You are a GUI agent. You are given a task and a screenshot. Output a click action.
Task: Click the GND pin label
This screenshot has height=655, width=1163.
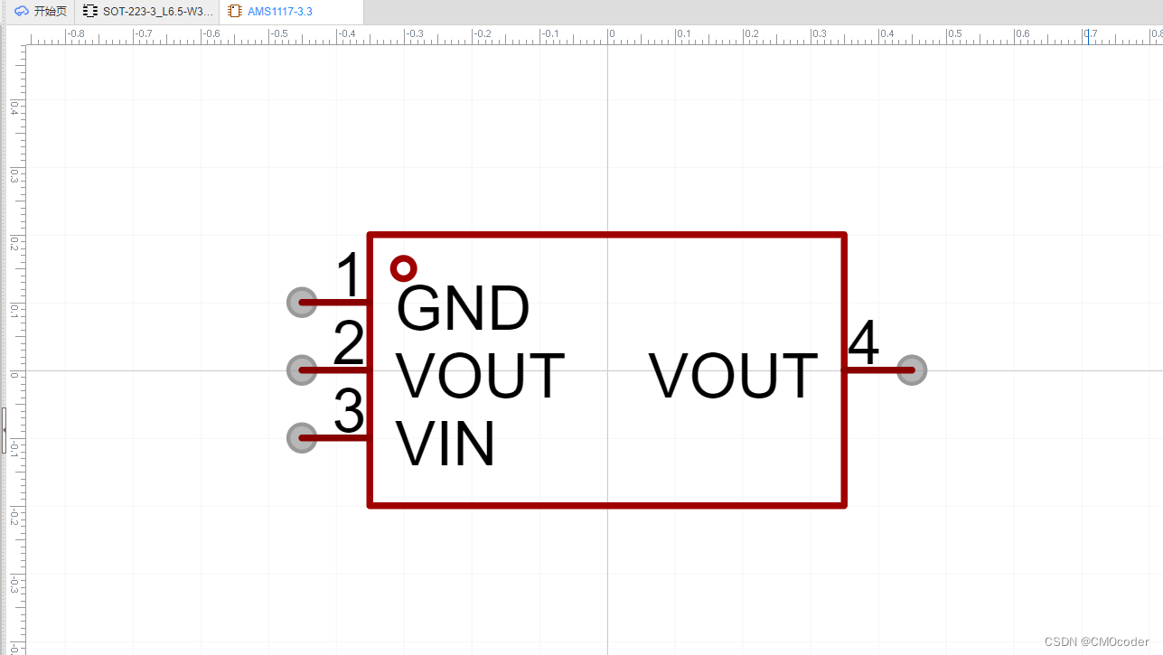pyautogui.click(x=463, y=310)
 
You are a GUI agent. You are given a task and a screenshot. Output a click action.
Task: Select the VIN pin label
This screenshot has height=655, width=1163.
pyautogui.click(x=446, y=444)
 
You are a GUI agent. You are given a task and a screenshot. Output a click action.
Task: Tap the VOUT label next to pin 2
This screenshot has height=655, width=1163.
pyautogui.click(x=480, y=377)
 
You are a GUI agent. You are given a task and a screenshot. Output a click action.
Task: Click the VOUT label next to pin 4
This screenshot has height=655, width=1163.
pyautogui.click(x=733, y=377)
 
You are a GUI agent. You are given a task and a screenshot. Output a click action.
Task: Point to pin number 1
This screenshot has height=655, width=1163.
pyautogui.click(x=349, y=276)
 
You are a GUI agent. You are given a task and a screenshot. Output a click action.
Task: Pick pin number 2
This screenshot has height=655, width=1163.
pyautogui.click(x=349, y=344)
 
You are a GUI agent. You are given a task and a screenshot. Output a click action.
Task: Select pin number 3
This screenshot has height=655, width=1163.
pyautogui.click(x=349, y=412)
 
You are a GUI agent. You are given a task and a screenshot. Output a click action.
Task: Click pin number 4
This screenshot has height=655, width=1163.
pyautogui.click(x=864, y=342)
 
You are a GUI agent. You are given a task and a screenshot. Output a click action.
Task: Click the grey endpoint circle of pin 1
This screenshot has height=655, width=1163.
pyautogui.click(x=302, y=302)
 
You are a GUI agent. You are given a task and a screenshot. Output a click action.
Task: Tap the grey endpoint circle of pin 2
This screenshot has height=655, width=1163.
pyautogui.click(x=302, y=370)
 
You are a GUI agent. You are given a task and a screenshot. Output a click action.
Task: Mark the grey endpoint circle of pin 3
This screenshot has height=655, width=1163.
pyautogui.click(x=302, y=438)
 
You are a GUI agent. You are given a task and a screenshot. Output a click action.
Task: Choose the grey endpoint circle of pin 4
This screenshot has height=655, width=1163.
pyautogui.click(x=912, y=370)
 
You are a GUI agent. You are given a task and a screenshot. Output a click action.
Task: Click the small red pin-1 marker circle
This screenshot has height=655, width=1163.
pyautogui.click(x=403, y=268)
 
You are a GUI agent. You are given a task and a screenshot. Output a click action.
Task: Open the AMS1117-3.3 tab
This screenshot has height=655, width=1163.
pyautogui.click(x=280, y=12)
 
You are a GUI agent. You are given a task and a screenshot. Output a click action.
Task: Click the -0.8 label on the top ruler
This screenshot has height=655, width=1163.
pyautogui.click(x=76, y=34)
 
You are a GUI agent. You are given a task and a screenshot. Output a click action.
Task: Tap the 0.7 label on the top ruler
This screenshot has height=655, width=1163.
pyautogui.click(x=1092, y=34)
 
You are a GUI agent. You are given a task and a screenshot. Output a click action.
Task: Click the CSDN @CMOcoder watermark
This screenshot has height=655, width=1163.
pyautogui.click(x=1098, y=641)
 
